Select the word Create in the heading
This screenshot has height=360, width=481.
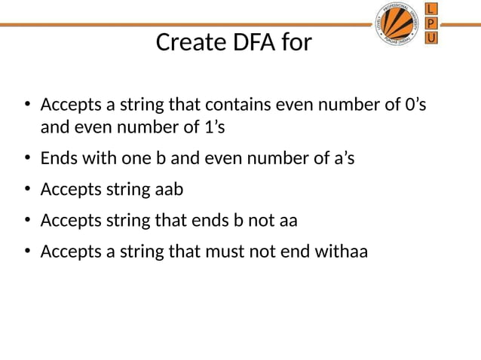point(185,43)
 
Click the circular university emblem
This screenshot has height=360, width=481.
point(398,23)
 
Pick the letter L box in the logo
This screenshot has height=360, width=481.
point(430,8)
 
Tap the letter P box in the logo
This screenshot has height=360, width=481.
point(430,23)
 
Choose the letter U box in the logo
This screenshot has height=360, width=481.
point(430,37)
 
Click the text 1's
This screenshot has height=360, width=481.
point(214,127)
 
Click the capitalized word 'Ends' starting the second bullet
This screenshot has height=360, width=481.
point(60,159)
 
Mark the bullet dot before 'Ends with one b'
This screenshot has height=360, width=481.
point(26,160)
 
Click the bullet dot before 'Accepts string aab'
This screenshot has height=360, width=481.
point(26,191)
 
